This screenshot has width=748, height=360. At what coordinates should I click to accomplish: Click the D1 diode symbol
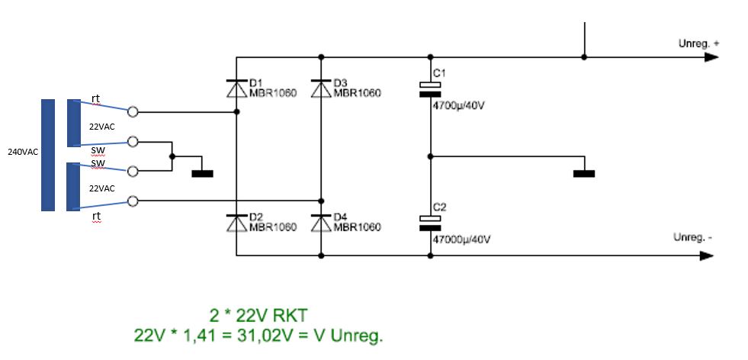click(x=236, y=88)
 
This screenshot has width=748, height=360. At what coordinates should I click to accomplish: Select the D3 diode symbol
click(x=320, y=88)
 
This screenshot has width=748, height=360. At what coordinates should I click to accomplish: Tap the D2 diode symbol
click(x=236, y=223)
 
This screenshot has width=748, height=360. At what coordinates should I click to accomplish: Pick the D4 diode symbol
click(x=320, y=223)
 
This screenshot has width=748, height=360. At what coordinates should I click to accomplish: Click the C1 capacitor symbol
click(x=431, y=90)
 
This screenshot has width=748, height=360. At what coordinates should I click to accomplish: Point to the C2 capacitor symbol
click(x=431, y=222)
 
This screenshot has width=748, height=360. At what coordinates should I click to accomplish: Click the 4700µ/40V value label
click(x=458, y=106)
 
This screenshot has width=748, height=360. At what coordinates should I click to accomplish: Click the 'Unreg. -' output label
click(x=692, y=237)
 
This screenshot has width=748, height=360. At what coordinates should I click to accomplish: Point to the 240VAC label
click(x=23, y=153)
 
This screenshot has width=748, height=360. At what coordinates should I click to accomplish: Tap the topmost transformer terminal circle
click(x=133, y=111)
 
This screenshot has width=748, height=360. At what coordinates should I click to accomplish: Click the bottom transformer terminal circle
click(x=133, y=201)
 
